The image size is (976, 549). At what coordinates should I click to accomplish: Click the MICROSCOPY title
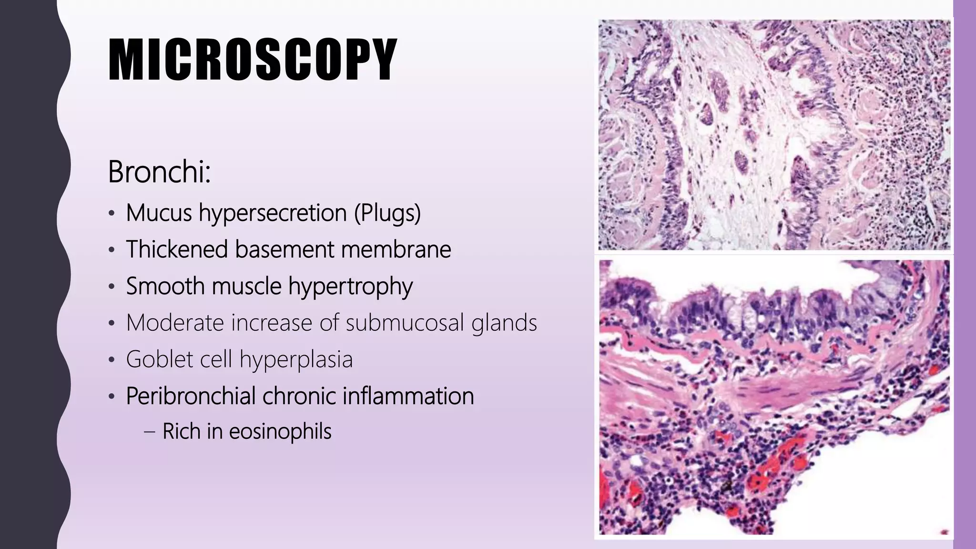pos(253,60)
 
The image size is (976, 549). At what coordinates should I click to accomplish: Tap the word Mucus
pos(159,213)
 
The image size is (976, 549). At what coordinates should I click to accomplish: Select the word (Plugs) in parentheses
pos(387,213)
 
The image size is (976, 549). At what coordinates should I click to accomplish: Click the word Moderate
pos(175,323)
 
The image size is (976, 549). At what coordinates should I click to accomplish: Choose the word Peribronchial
pos(191,396)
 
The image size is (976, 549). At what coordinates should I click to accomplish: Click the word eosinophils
pos(280,431)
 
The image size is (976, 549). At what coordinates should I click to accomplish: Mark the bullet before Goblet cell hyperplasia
pos(111,360)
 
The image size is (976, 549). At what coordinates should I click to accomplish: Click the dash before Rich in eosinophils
pos(150,432)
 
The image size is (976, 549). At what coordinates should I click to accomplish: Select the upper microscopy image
pos(774,134)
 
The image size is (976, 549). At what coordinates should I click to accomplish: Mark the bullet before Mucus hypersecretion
pos(111,213)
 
